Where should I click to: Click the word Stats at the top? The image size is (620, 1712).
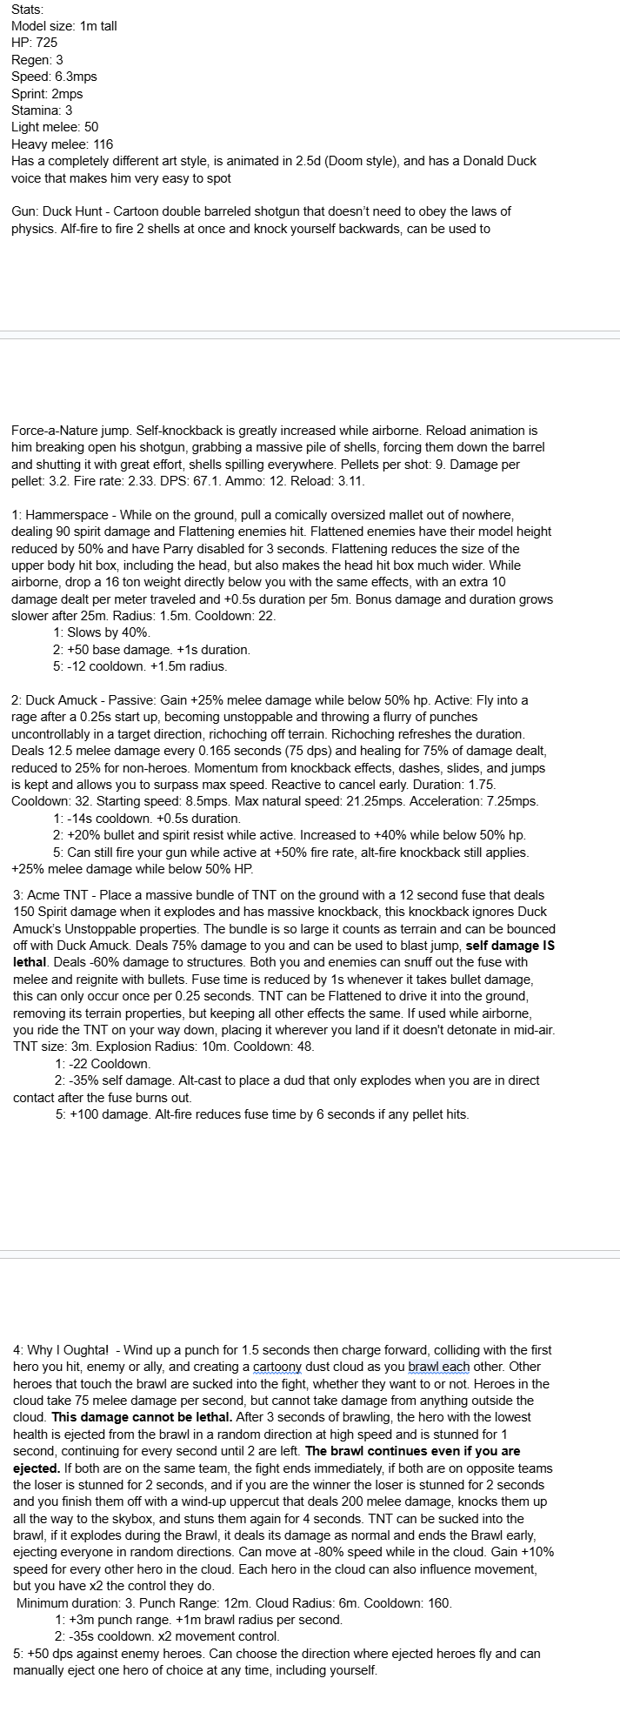(27, 9)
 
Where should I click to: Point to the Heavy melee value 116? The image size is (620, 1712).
(103, 144)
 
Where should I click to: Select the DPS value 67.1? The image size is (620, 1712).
(302, 481)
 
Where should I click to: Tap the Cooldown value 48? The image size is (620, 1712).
(303, 1047)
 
